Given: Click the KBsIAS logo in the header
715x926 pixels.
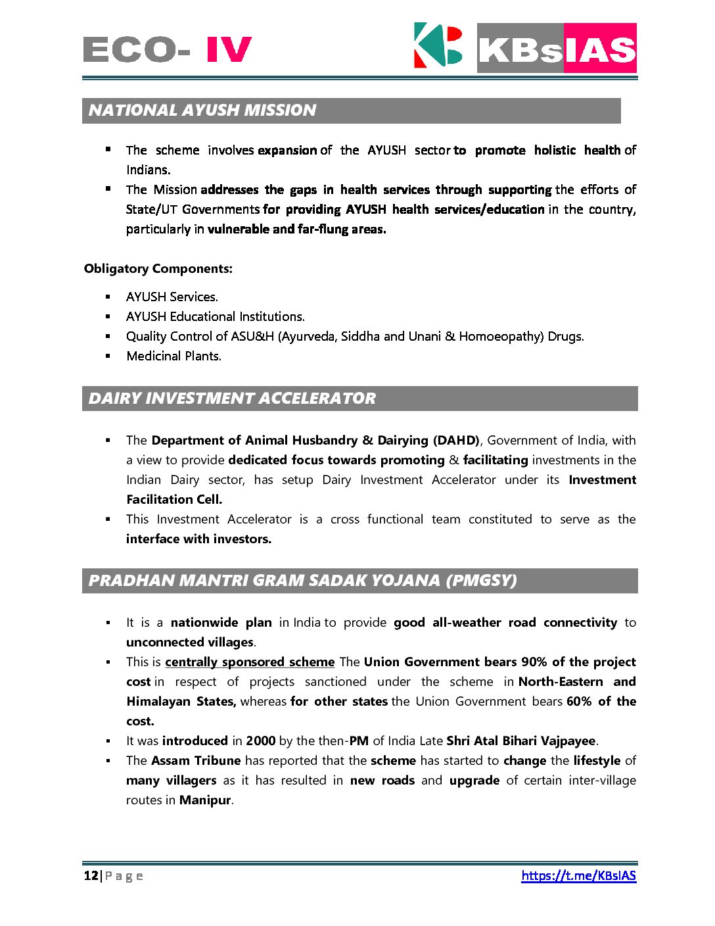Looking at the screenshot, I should click(x=524, y=47).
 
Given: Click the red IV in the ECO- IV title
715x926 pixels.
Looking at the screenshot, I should click(x=229, y=49).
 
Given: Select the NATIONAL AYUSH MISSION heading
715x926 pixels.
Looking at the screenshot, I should click(x=202, y=110).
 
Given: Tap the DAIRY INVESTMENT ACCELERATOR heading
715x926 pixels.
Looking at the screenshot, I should click(x=232, y=399).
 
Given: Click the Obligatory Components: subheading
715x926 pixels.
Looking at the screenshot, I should click(x=158, y=269).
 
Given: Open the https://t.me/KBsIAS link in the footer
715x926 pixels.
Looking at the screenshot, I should click(x=578, y=875).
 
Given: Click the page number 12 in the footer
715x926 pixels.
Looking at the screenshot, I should click(x=91, y=875).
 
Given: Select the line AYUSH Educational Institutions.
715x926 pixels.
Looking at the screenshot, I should click(x=216, y=317).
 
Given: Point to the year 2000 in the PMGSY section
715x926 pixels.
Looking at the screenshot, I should click(x=260, y=741).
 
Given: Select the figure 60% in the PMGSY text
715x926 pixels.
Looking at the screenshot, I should click(x=579, y=702).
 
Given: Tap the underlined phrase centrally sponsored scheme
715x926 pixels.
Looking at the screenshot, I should click(x=250, y=662).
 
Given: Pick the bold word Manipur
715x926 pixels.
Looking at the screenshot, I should click(x=205, y=800).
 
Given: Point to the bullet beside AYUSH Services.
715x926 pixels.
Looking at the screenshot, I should click(x=108, y=297).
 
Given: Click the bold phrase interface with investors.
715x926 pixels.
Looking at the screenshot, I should click(x=198, y=539).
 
